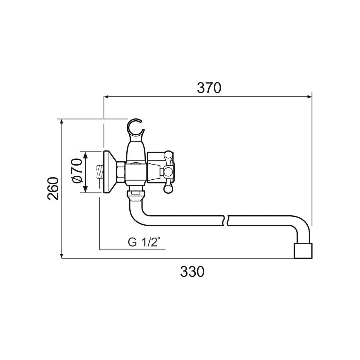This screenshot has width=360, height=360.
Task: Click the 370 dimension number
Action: (x=209, y=88)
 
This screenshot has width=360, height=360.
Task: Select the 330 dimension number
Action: (x=192, y=271)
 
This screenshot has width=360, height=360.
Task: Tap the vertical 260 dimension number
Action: (x=53, y=189)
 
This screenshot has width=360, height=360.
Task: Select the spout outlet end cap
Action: (x=303, y=251)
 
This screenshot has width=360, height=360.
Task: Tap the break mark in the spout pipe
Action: (x=226, y=220)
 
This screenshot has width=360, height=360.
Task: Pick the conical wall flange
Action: (x=110, y=172)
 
